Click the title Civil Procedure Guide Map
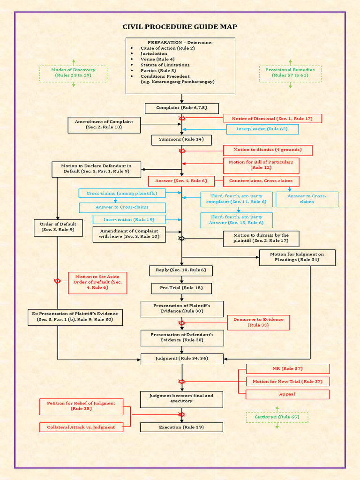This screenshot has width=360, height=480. click(180, 27)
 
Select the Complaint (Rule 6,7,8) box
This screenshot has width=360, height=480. click(181, 108)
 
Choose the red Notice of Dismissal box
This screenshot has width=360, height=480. click(272, 119)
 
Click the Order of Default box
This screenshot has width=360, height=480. click(58, 227)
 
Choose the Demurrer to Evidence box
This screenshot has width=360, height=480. click(258, 322)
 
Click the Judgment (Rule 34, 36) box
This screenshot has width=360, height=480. click(182, 359)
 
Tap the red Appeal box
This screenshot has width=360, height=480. click(287, 394)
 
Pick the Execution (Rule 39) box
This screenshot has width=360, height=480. click(181, 427)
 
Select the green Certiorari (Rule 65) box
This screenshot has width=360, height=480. click(277, 417)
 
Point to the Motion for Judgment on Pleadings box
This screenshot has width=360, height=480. click(297, 257)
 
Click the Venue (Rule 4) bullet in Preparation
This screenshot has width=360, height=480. click(157, 60)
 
